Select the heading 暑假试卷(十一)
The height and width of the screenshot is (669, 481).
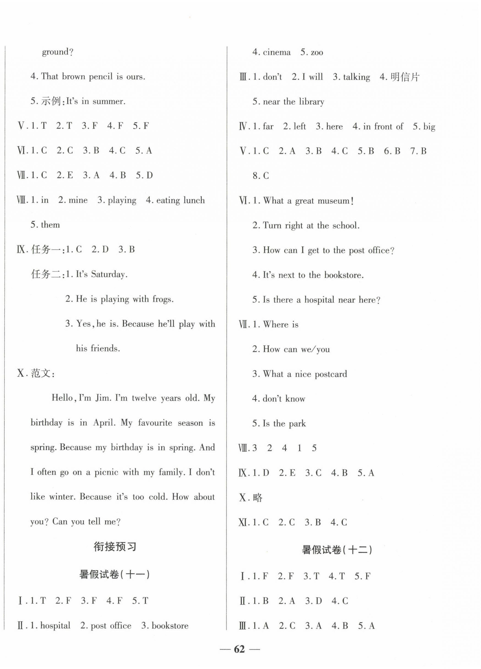pyautogui.click(x=115, y=574)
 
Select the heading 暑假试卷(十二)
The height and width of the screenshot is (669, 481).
pyautogui.click(x=337, y=550)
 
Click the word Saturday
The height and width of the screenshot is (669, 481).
pyautogui.click(x=109, y=274)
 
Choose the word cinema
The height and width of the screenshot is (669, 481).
pyautogui.click(x=276, y=53)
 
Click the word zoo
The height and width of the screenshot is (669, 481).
pyautogui.click(x=317, y=53)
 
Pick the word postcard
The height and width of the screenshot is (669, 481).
pyautogui.click(x=331, y=374)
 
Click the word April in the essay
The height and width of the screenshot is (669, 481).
pyautogui.click(x=104, y=423)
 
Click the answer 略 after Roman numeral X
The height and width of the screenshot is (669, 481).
pyautogui.click(x=257, y=498)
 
